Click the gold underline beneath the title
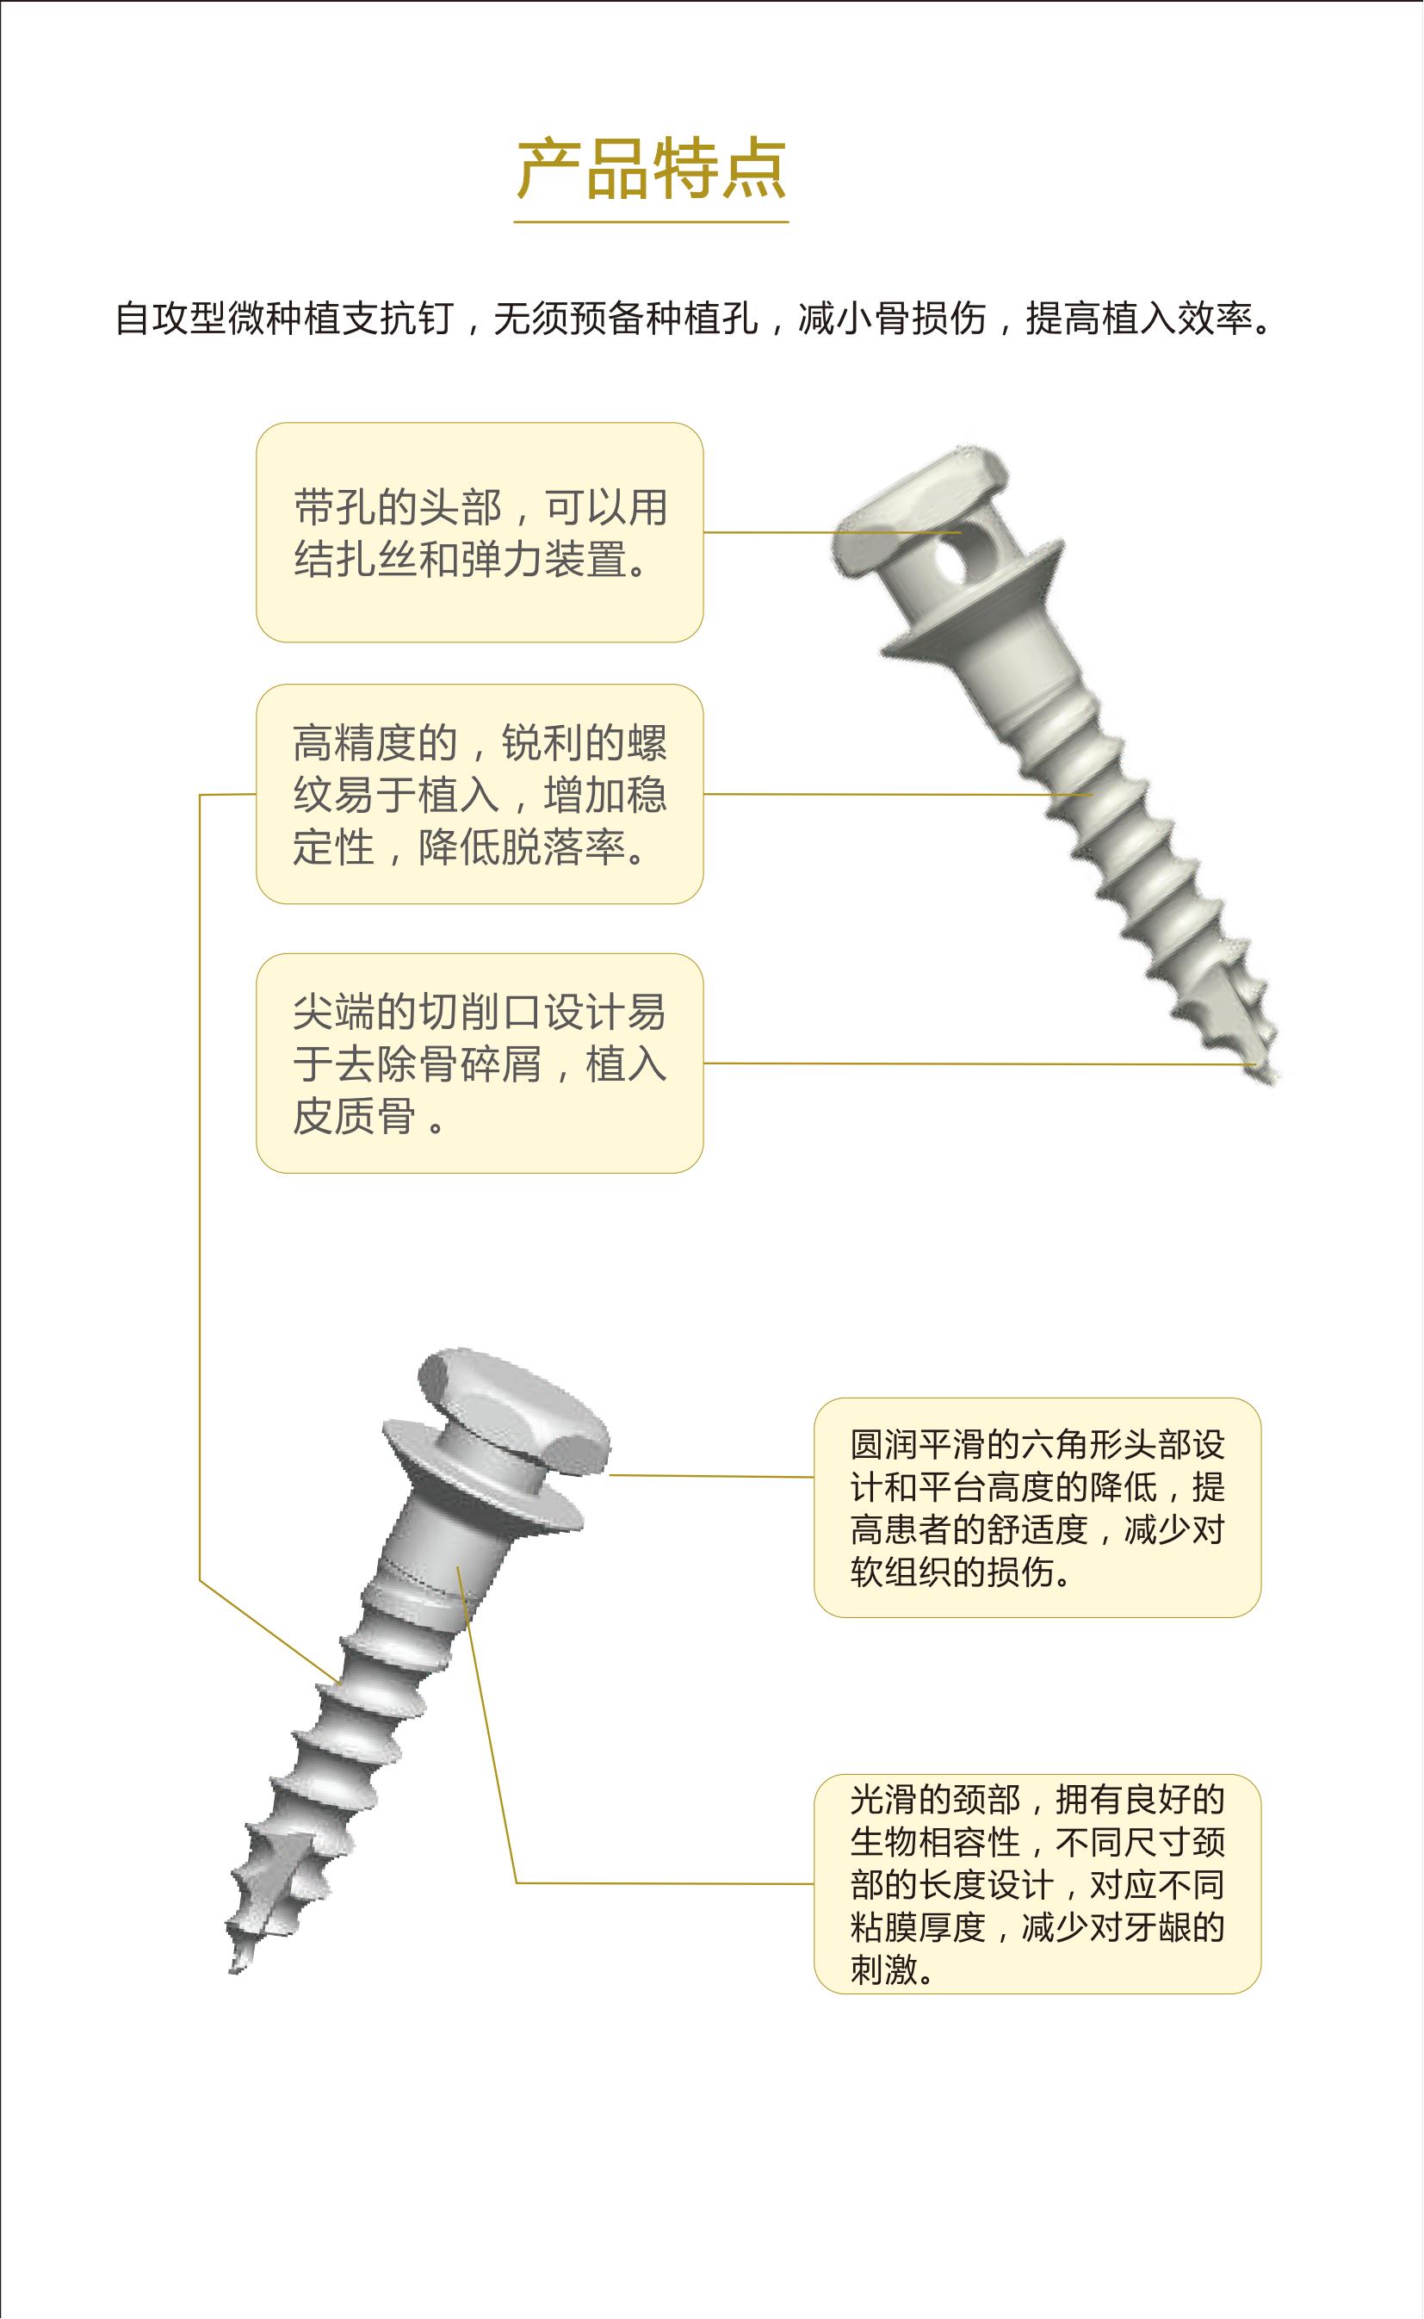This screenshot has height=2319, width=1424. (651, 222)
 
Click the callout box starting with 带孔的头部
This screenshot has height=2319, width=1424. (480, 532)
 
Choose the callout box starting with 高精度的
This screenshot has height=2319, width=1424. (480, 794)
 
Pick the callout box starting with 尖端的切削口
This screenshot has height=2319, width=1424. (480, 1063)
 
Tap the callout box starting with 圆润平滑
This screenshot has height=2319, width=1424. (1037, 1507)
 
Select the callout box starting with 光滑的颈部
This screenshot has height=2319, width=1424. (1037, 1884)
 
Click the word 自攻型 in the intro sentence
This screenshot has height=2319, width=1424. (170, 319)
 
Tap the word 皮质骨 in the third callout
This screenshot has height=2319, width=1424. (354, 1117)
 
